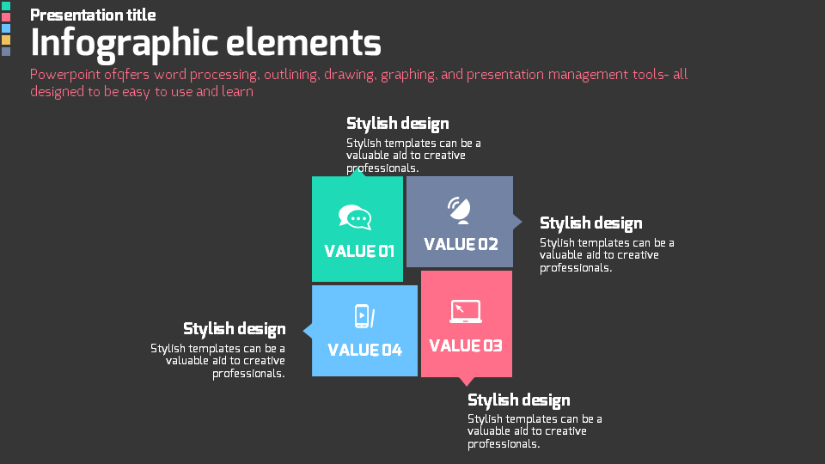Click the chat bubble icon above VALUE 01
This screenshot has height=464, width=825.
click(x=355, y=217)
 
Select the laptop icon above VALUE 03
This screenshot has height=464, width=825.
click(x=465, y=311)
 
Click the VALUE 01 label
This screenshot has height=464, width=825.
click(x=358, y=252)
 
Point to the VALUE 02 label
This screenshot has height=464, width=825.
click(x=461, y=245)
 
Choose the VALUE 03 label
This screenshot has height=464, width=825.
click(x=465, y=346)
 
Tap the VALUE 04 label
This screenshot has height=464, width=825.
click(x=364, y=350)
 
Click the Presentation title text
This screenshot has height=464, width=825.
click(x=93, y=15)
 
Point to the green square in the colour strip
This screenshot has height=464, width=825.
click(x=6, y=6)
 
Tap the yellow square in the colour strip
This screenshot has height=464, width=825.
click(x=6, y=40)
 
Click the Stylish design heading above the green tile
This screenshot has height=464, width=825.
click(x=397, y=124)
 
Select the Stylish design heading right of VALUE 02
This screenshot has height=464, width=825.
click(x=590, y=223)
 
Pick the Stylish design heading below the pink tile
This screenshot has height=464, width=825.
click(x=518, y=400)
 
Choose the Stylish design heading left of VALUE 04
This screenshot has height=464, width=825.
click(x=234, y=329)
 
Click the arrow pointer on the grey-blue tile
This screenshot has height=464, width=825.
click(x=517, y=222)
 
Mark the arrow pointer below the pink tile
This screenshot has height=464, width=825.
click(x=466, y=381)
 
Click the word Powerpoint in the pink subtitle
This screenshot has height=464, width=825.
click(x=64, y=75)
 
